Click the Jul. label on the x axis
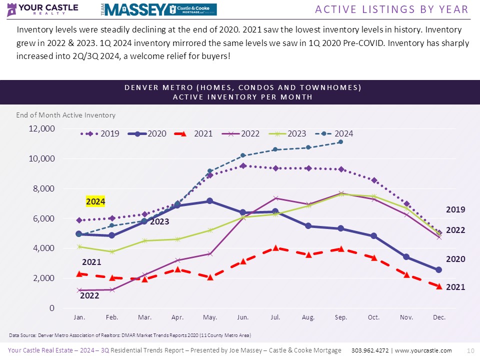tap(275, 317)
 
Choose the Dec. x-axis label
tap(439, 317)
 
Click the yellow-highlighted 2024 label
tap(95, 201)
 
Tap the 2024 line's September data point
tap(340, 142)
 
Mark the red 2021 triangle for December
tap(439, 286)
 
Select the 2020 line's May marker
tap(210, 201)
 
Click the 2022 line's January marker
tap(79, 290)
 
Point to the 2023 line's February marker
tap(112, 251)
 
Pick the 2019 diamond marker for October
tap(373, 180)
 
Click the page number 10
tap(469, 350)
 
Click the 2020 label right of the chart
tap(455, 259)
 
